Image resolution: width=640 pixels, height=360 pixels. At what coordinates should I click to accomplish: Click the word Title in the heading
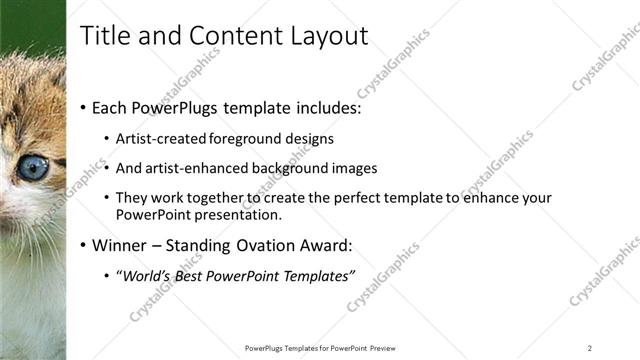[x=103, y=36]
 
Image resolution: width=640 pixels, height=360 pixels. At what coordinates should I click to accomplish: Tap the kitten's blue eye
[x=32, y=167]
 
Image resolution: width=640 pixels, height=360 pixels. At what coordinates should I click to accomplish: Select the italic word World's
[x=149, y=276]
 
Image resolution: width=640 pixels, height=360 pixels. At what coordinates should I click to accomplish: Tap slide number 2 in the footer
[x=590, y=348]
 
